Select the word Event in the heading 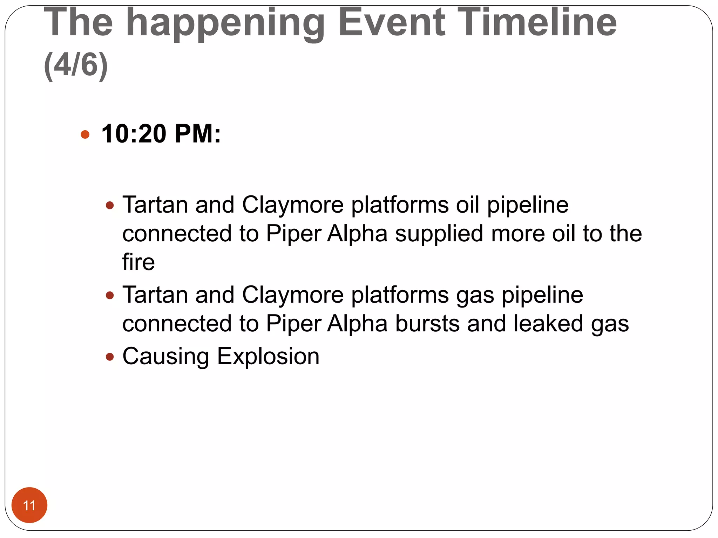click(x=392, y=23)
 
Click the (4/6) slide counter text click(x=76, y=65)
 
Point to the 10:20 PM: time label click(x=161, y=134)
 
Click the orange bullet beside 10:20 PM click(x=85, y=134)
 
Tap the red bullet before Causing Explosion click(x=110, y=357)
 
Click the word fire click(x=138, y=262)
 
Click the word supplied click(x=439, y=234)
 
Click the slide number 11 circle click(x=29, y=505)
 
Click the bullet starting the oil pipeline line click(x=110, y=205)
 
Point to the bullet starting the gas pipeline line click(x=110, y=295)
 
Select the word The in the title click(x=78, y=23)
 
